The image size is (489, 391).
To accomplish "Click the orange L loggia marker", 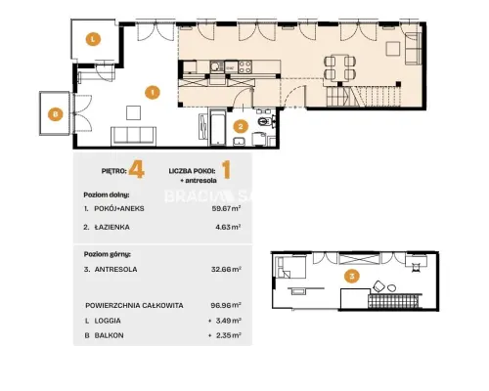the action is tap(93, 39).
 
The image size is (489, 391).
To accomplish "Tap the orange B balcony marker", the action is tap(55, 114).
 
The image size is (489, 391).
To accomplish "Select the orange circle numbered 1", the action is tap(153, 92).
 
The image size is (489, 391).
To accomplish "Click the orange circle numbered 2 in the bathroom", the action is tap(241, 126).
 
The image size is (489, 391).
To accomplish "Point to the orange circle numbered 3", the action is tap(352, 277).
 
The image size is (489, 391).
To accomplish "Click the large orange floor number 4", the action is tap(136, 170).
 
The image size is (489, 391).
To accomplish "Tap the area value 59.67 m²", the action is tap(227, 208).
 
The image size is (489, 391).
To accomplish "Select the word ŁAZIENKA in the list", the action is tap(111, 227).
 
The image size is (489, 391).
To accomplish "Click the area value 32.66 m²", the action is tap(226, 270).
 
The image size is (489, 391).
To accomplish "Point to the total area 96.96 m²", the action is tap(226, 305).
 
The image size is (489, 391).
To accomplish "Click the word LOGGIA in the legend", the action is tap(108, 321).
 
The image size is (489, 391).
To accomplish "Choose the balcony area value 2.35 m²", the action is tap(229, 335).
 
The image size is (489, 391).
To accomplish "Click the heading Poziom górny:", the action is tap(108, 254).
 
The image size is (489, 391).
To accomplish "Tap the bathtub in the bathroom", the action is tap(217, 128).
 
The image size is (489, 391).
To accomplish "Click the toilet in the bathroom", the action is tap(265, 121).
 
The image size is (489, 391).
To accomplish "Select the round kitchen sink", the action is tap(215, 66).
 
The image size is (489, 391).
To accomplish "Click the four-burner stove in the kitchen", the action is tap(244, 67).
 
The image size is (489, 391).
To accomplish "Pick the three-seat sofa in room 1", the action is tap(133, 136).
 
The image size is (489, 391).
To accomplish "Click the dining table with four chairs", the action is tap(339, 67).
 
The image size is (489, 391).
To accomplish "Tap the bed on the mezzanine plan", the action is tap(291, 268).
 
